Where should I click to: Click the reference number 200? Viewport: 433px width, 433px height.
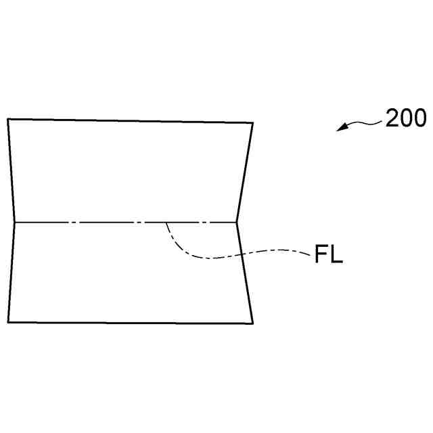406,119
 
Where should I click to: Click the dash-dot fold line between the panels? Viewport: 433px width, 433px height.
101,222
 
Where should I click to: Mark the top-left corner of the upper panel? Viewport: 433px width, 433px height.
8,119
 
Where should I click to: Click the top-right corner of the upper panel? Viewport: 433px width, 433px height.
252,123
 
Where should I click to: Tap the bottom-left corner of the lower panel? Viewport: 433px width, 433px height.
9,322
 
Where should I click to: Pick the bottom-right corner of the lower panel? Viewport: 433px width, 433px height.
252,323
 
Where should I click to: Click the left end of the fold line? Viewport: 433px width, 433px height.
14,222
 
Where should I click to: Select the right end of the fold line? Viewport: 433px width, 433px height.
236,222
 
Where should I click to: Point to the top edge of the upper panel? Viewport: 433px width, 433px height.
129,121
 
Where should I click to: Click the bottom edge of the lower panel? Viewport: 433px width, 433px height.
129,322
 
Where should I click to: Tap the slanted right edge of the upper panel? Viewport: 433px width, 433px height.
244,173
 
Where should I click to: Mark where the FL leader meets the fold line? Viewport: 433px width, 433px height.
166,223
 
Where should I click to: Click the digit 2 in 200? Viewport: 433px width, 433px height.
393,119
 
